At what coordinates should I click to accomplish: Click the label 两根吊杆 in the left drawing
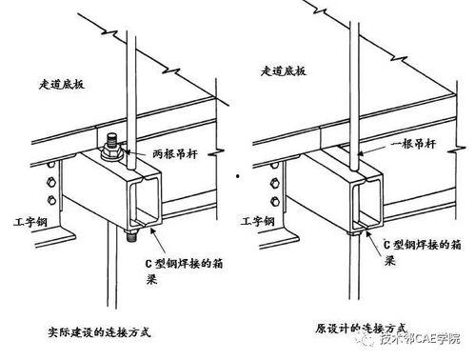[x=175, y=154]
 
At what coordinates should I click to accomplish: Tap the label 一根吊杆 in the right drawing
[x=413, y=144]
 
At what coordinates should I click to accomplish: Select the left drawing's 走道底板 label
[x=62, y=85]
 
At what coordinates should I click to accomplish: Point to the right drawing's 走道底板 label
[x=284, y=70]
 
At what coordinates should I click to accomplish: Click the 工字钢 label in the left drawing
[x=30, y=221]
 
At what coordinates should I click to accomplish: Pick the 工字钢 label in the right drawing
[x=257, y=221]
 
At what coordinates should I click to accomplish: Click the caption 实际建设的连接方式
[x=99, y=332]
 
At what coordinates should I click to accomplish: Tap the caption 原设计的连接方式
[x=361, y=329]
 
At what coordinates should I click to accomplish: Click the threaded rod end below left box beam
[x=130, y=235]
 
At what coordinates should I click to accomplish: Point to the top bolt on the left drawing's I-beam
[x=51, y=165]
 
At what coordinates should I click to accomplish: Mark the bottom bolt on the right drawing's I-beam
[x=276, y=201]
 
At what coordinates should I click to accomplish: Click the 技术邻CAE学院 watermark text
[x=420, y=339]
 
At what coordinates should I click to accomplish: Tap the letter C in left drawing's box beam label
[x=148, y=264]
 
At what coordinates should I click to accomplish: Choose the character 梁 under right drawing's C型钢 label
[x=389, y=261]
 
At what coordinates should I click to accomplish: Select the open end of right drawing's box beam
[x=367, y=202]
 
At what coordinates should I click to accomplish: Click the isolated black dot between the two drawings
[x=237, y=176]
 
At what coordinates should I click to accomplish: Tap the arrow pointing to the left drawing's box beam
[x=158, y=242]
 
